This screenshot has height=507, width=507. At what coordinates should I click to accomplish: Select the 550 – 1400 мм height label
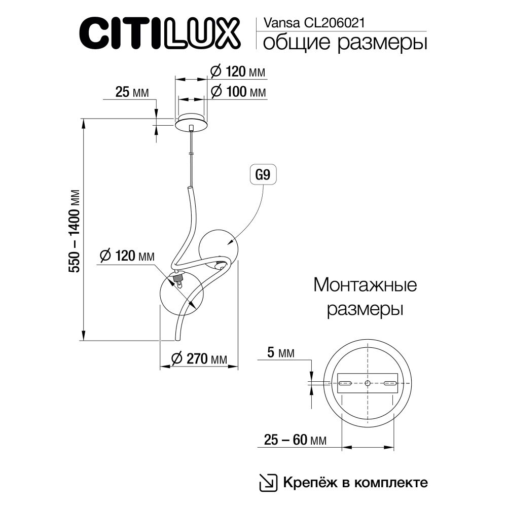75,231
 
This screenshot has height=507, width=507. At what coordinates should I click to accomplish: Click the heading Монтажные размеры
365,297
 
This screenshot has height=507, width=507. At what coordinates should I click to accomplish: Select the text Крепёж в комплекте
355,482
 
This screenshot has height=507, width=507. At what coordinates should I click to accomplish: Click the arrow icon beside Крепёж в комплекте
268,482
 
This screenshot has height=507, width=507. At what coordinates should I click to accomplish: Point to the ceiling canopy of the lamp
191,122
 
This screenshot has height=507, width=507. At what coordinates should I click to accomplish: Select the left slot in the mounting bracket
347,382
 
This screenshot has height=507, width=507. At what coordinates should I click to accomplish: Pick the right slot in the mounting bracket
390,382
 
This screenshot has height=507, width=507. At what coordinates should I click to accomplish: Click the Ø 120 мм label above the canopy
238,72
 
